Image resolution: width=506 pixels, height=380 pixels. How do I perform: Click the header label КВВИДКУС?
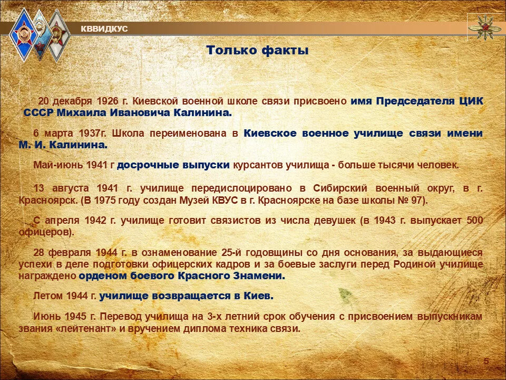click(104, 29)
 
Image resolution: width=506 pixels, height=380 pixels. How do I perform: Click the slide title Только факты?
click(257, 51)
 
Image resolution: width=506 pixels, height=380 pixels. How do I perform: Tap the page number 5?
click(486, 361)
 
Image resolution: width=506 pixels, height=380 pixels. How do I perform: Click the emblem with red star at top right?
click(485, 27)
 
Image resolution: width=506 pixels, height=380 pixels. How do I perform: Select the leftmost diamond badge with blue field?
click(24, 35)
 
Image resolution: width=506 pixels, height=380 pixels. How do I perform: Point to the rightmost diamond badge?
click(57, 35)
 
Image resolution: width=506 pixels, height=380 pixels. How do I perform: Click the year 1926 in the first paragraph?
click(108, 101)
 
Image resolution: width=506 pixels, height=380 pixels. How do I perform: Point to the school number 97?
click(417, 201)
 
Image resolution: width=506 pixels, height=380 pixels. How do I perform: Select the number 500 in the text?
click(475, 221)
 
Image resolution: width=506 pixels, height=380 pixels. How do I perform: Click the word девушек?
click(331, 221)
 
